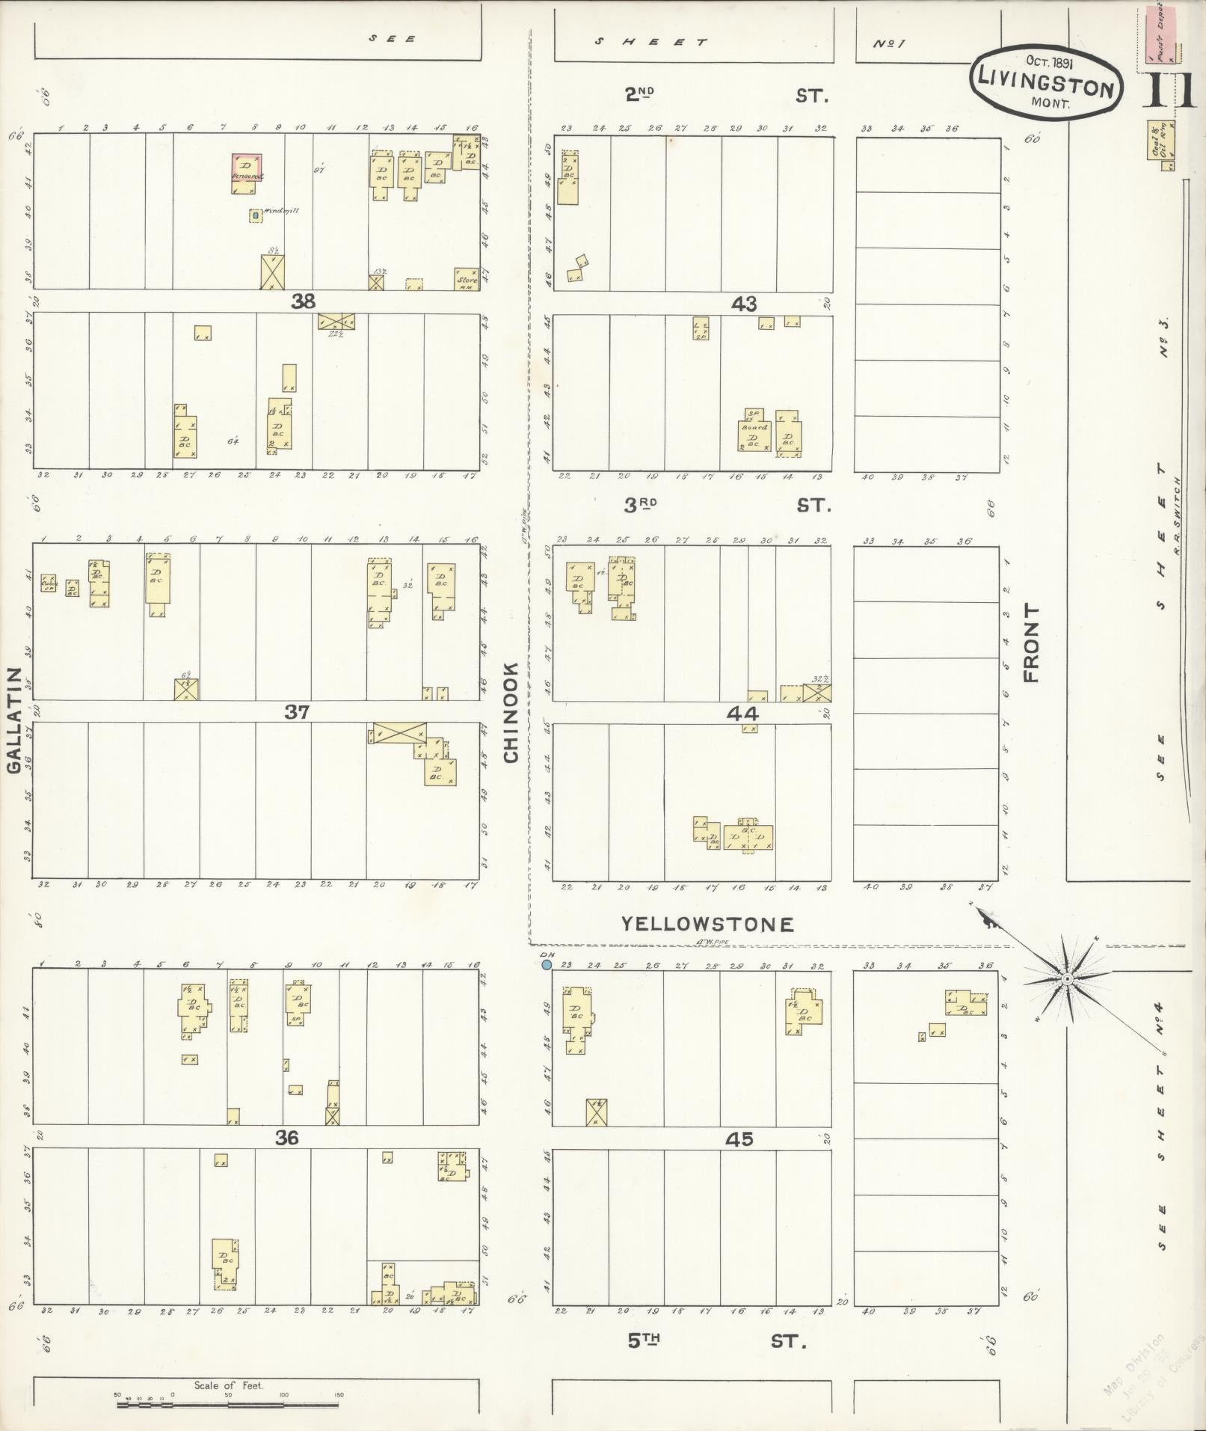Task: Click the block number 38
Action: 303,301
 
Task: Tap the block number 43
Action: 744,304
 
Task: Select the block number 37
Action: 296,712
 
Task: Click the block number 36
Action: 286,1138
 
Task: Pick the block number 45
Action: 739,1139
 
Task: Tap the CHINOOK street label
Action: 511,713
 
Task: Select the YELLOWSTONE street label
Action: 707,925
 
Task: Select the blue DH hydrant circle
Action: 547,966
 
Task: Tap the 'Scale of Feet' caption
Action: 229,1385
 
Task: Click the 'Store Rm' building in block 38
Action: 467,279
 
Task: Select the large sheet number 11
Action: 1167,92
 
